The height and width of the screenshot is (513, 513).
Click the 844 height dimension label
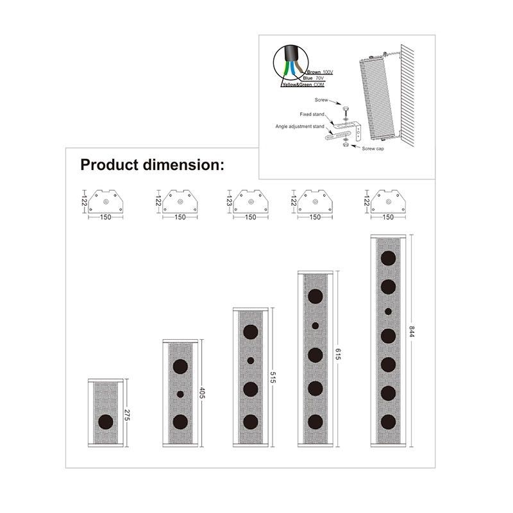tap(411, 332)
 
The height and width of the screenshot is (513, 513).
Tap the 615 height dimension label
tap(338, 355)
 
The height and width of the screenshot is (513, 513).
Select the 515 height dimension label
tap(273, 377)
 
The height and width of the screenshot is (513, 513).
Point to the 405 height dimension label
tap(202, 392)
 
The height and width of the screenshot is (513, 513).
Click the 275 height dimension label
tap(127, 414)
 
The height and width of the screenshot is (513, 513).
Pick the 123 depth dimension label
tap(229, 201)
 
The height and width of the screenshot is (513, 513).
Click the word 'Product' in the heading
tap(109, 165)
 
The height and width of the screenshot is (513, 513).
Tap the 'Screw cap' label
tap(373, 149)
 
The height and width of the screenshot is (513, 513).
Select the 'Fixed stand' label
tap(312, 114)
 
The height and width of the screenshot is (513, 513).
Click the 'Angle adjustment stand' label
tap(299, 126)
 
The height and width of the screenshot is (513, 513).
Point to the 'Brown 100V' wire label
tap(319, 72)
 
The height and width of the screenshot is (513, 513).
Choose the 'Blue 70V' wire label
tap(313, 78)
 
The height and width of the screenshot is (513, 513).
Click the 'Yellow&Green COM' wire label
tap(303, 85)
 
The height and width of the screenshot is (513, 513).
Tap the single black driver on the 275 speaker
tap(106, 422)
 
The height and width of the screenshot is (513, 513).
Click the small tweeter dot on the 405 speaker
tap(180, 394)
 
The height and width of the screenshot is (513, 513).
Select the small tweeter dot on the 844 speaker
tap(388, 312)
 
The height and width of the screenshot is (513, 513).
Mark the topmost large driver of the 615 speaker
tap(315, 296)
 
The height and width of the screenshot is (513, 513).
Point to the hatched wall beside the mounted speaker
tap(408, 96)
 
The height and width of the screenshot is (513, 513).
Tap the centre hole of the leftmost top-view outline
tap(106, 202)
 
